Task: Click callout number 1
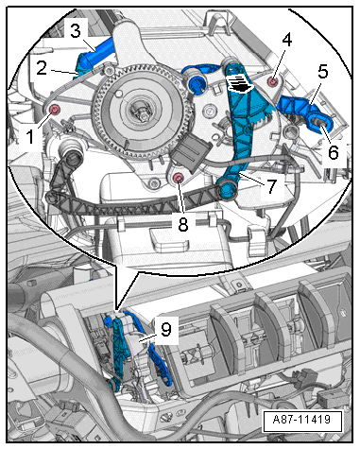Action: point(29,137)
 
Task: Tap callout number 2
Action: point(42,68)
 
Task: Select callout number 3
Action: point(75,31)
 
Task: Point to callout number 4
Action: point(286,41)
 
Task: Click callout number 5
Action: point(322,72)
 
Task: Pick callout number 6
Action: point(334,152)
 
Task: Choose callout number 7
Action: point(271,186)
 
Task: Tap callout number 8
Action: point(183,225)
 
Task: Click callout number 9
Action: point(166,330)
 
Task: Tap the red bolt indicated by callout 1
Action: point(55,110)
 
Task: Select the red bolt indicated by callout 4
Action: point(272,81)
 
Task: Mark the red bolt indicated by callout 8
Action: point(178,179)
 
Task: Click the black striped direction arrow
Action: point(241,84)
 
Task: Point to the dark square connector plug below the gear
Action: point(190,152)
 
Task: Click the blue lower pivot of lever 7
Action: point(227,190)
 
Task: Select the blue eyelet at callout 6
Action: point(320,123)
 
